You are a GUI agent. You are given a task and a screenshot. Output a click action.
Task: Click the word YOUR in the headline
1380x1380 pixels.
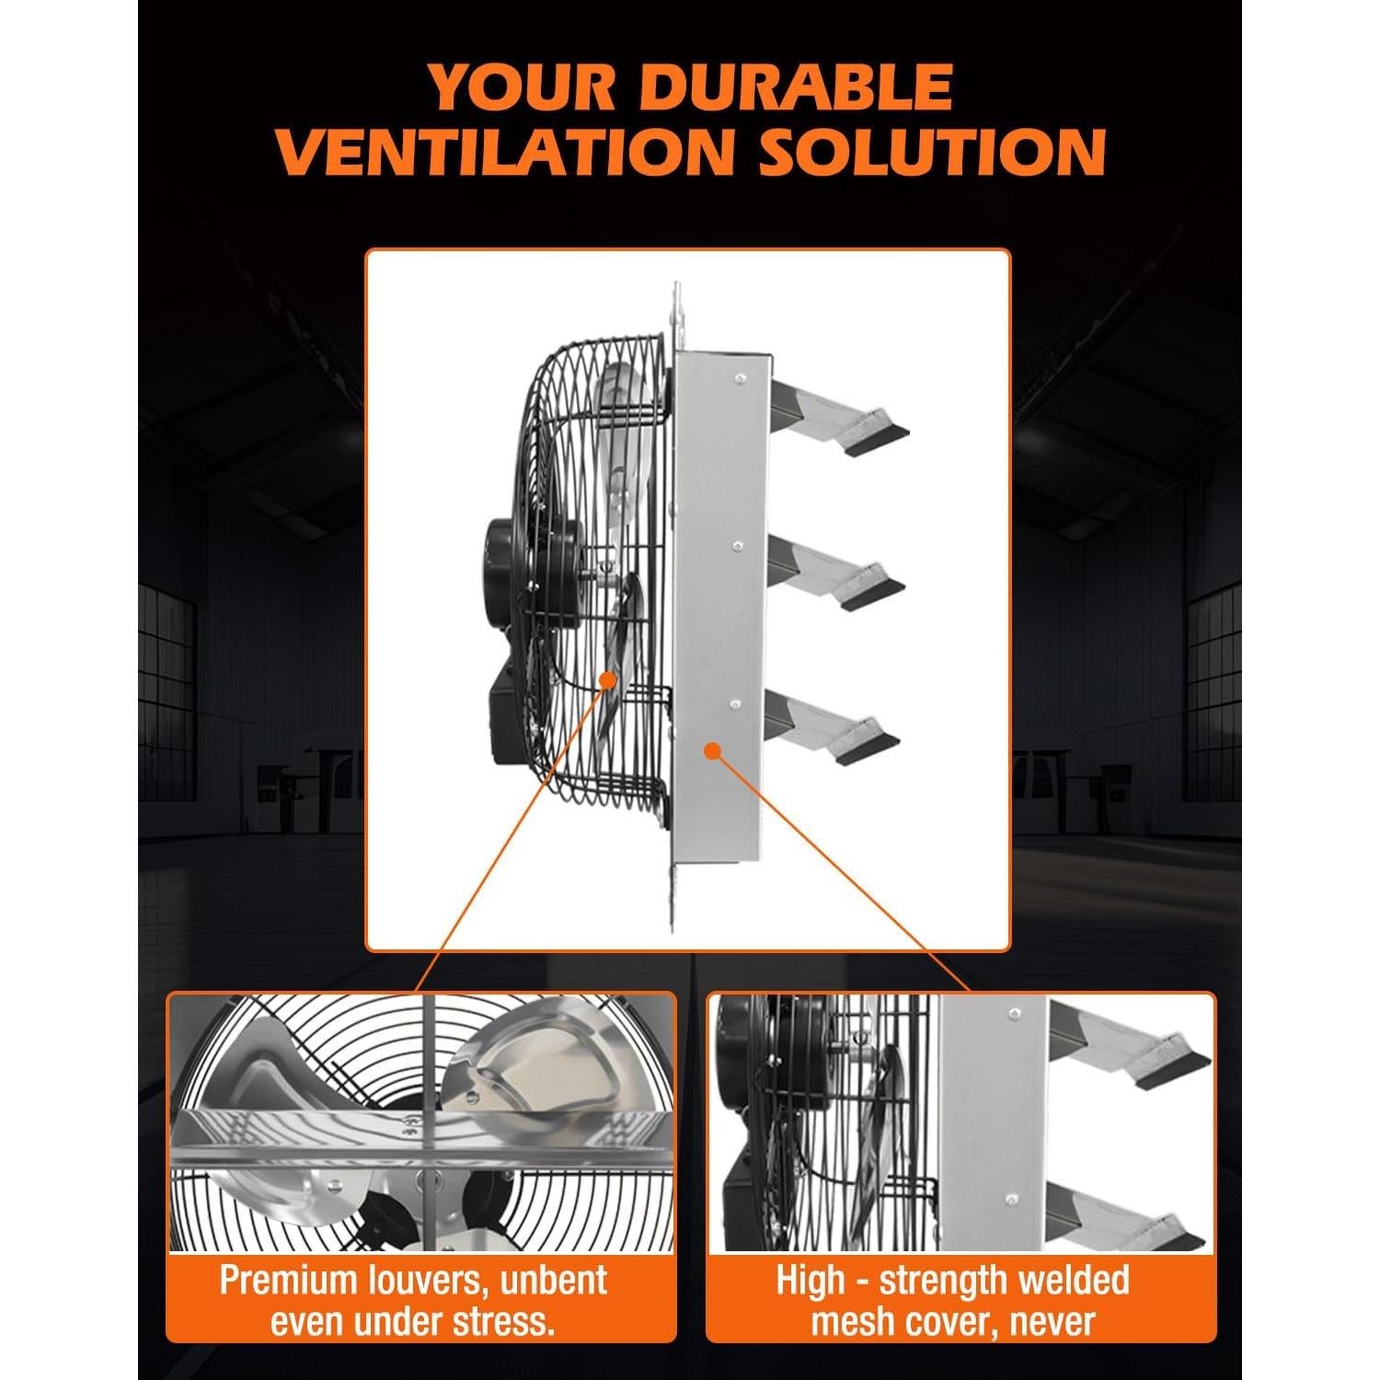point(523,88)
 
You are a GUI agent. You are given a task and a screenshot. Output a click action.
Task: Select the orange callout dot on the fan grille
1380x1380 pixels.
point(608,680)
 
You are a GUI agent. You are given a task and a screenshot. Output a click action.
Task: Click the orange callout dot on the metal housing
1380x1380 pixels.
point(711,750)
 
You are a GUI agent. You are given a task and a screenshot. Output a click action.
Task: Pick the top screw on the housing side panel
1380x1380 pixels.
point(737,376)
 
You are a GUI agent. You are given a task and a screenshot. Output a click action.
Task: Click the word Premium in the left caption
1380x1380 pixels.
point(280,1280)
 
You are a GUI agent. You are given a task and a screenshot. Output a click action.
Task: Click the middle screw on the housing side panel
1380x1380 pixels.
point(737,546)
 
